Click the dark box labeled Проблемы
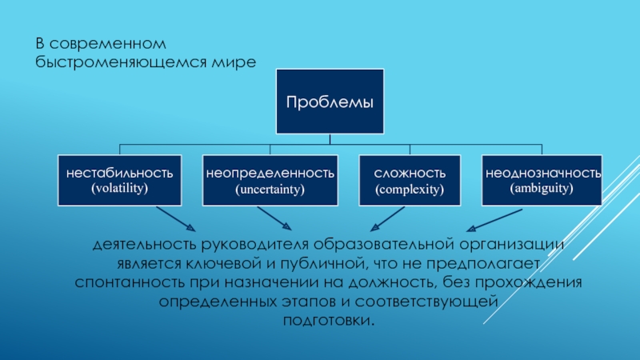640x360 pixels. [x=330, y=102]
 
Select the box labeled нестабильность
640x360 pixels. [x=119, y=180]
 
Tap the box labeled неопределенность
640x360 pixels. [x=270, y=180]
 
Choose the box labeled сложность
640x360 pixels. [x=410, y=180]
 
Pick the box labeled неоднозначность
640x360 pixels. [x=542, y=180]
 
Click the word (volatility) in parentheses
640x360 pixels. [x=119, y=188]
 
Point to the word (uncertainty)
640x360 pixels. [x=270, y=190]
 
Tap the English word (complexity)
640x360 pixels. [x=410, y=190]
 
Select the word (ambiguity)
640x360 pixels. [x=542, y=188]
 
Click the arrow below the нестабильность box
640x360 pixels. [x=176, y=218]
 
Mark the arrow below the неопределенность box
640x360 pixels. [x=274, y=218]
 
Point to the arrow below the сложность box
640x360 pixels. [x=387, y=218]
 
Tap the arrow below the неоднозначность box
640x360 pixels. [x=494, y=221]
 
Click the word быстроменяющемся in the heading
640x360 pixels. [x=121, y=62]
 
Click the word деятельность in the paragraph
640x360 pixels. [x=145, y=245]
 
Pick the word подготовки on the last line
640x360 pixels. [x=329, y=321]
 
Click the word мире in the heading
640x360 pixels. [x=234, y=62]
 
